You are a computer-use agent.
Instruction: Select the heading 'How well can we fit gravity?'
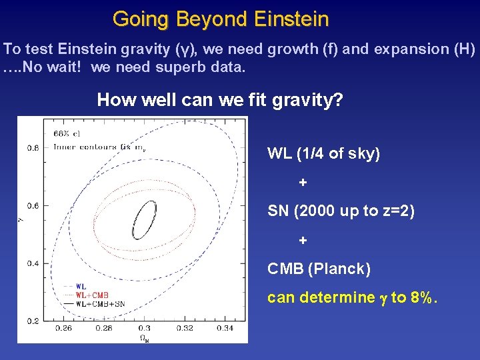click(220, 100)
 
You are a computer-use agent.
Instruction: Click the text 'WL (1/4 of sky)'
click(323, 153)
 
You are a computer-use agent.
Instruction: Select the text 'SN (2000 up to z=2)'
click(341, 211)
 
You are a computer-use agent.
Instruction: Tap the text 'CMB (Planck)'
click(319, 269)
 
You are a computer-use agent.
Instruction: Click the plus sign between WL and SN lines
click(303, 183)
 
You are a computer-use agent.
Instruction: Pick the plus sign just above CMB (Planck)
click(303, 240)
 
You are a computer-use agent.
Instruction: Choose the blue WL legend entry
click(80, 286)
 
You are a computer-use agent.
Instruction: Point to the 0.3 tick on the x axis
click(144, 328)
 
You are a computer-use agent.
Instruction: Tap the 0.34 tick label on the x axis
click(225, 328)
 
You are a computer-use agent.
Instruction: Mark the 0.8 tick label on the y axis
click(32, 147)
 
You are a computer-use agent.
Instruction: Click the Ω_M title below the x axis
click(144, 337)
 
